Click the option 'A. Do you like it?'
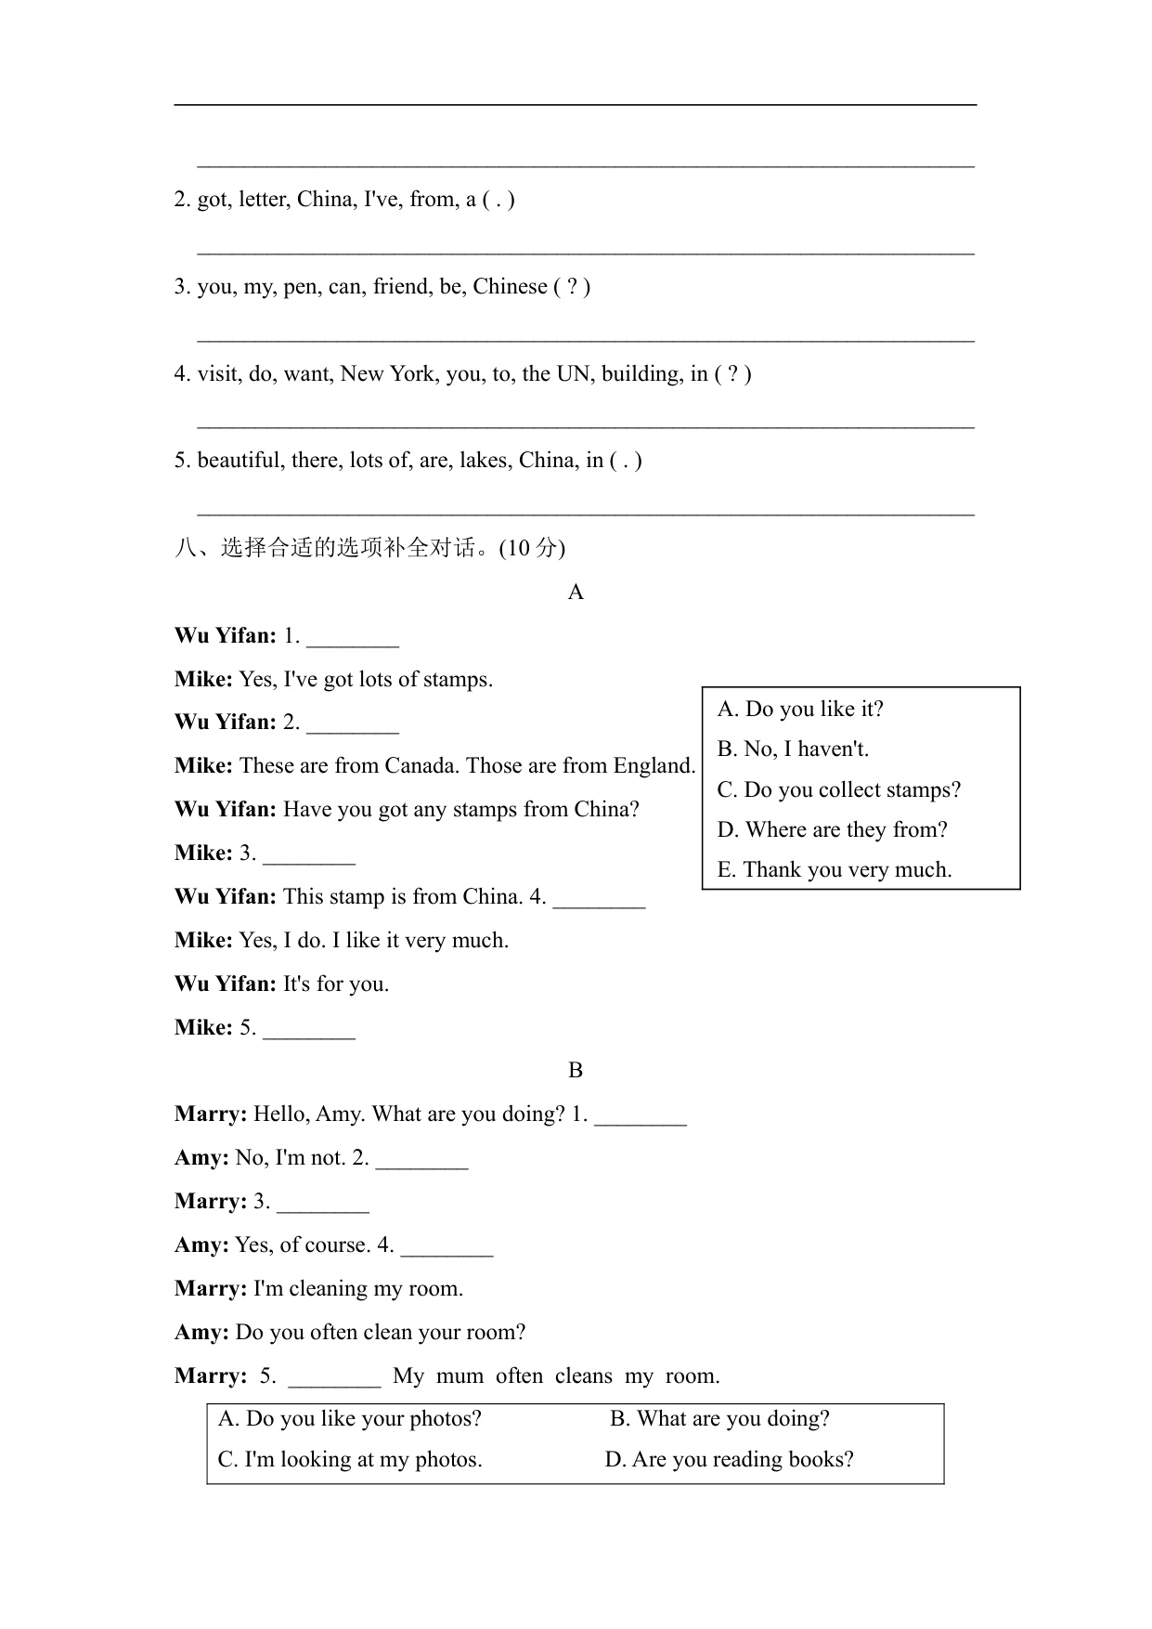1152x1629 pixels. coord(800,710)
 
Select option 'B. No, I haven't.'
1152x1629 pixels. coord(793,749)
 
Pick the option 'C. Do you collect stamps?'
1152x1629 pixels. coord(838,790)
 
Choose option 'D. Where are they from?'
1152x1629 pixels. coord(832,830)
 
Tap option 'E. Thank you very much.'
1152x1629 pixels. coord(835,870)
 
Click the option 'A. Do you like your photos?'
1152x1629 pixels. coord(350,1419)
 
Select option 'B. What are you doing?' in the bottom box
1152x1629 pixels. coord(719,1419)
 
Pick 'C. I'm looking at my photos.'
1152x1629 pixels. coord(350,1460)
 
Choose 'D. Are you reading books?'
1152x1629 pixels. coord(729,1460)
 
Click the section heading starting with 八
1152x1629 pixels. coord(369,548)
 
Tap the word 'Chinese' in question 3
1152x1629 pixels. coord(510,287)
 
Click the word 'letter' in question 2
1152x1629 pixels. coord(263,200)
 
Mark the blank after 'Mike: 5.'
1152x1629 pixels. coord(309,1030)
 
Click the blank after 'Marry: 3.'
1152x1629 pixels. coord(323,1204)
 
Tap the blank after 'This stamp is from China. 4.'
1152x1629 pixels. coord(599,899)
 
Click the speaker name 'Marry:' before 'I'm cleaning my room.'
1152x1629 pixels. coord(211,1289)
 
